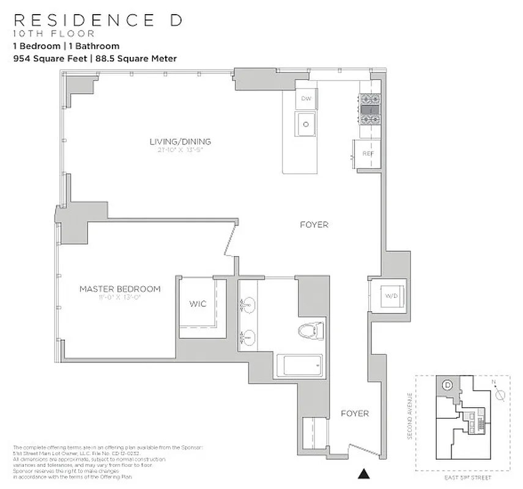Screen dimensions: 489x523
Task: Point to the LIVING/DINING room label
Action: pyautogui.click(x=180, y=142)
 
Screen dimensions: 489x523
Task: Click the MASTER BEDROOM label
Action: pyautogui.click(x=120, y=289)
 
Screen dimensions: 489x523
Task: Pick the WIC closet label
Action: pyautogui.click(x=198, y=304)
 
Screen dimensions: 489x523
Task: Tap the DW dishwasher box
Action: pyautogui.click(x=305, y=99)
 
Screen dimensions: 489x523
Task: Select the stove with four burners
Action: pyautogui.click(x=369, y=109)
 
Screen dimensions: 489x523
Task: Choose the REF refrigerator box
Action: pyautogui.click(x=367, y=153)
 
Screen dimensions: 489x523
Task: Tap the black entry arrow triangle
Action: pyautogui.click(x=364, y=472)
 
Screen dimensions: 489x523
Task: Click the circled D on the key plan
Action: pyautogui.click(x=447, y=385)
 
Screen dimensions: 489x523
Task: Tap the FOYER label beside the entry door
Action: pyautogui.click(x=355, y=414)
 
